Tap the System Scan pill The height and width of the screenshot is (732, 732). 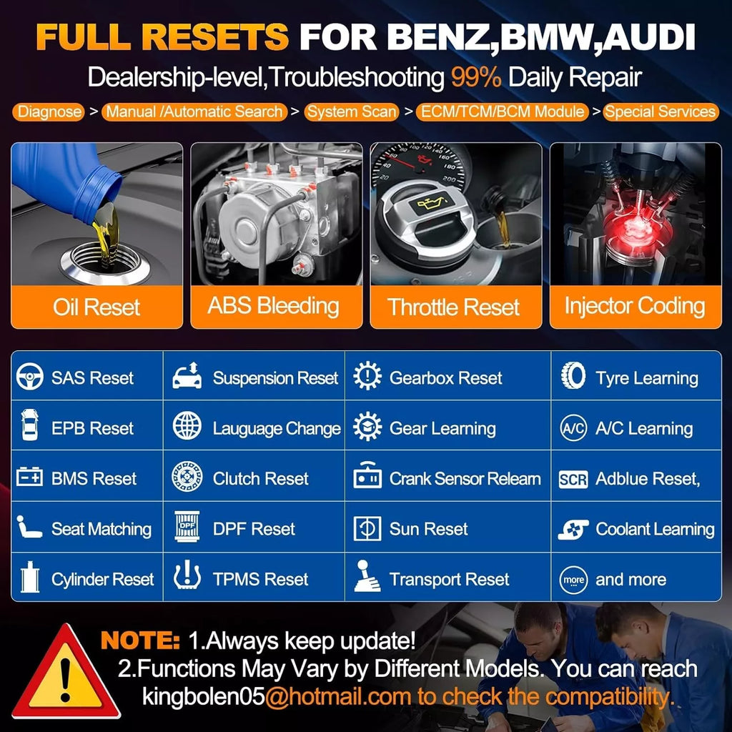[352, 112]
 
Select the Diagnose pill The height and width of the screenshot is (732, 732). [49, 112]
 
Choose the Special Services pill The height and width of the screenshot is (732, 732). [660, 112]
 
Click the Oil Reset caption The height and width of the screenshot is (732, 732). [97, 307]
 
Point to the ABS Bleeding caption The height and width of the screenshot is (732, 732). [274, 306]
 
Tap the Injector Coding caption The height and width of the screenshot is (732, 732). [635, 306]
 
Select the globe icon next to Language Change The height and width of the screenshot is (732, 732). [187, 426]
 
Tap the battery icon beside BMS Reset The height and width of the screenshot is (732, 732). [29, 477]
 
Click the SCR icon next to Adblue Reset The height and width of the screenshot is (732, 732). [573, 480]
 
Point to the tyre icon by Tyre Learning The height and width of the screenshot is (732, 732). [573, 376]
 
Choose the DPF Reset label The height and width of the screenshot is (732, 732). [254, 529]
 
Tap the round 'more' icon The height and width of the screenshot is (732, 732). [573, 580]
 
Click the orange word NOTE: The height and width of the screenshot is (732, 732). [140, 640]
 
